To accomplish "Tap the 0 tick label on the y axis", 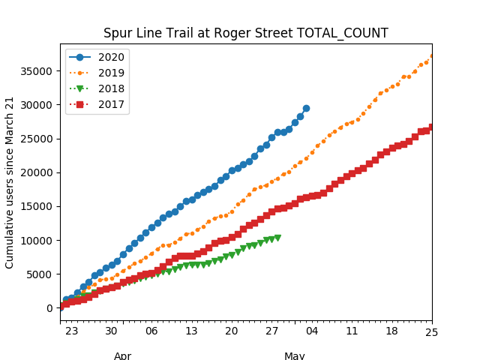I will (50, 308).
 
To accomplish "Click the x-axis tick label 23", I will (71, 331).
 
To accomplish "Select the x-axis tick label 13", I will (191, 331).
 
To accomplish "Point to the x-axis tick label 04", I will (312, 331).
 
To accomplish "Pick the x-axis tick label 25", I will (432, 331).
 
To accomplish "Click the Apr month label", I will (123, 355).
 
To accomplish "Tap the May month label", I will (294, 355).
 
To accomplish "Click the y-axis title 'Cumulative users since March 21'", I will (10, 182).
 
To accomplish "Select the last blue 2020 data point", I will (306, 109).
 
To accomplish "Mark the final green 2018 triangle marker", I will (277, 238).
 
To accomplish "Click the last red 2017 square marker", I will (432, 127).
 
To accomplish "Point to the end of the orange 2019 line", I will (432, 56).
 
